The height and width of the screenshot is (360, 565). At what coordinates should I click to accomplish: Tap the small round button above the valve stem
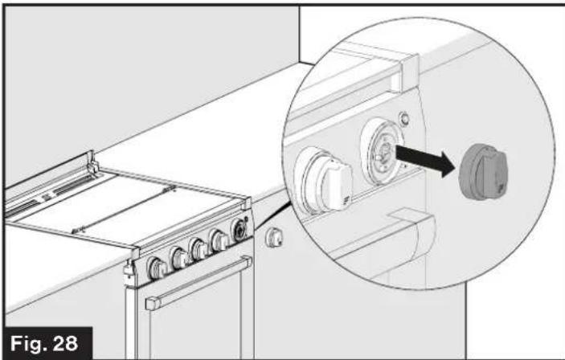404,118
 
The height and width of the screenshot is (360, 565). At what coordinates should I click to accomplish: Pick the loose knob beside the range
274,238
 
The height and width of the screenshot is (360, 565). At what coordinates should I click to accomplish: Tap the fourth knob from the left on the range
219,239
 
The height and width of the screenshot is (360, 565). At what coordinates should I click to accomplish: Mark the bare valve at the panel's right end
239,230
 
